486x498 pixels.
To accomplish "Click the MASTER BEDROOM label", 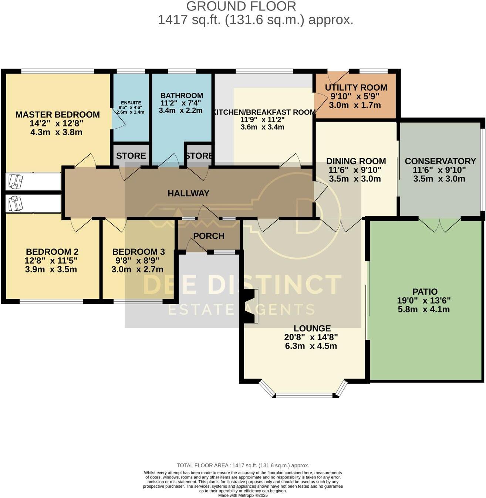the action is (58, 115).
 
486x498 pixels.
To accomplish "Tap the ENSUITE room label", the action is (131, 103).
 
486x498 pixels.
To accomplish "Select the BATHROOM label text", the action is (182, 96).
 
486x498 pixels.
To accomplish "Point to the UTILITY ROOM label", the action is (356, 88).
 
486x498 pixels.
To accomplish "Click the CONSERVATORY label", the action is (441, 161).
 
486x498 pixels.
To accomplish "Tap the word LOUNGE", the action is (312, 328).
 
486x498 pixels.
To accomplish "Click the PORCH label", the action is (209, 236).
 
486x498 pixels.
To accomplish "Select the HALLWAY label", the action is (189, 193).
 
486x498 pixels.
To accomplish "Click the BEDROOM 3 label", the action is (139, 252).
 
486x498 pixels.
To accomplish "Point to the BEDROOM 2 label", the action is (52, 252).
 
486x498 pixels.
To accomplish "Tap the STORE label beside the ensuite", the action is (131, 156).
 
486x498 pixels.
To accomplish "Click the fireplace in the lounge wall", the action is (250, 306).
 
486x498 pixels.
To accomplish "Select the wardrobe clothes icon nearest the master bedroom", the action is (16, 181).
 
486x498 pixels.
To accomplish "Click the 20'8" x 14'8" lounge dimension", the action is (311, 337).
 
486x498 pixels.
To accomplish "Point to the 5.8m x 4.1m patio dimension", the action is (424, 309).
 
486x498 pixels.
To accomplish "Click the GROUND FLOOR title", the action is (241, 6).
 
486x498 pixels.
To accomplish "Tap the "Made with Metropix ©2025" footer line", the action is (243, 495).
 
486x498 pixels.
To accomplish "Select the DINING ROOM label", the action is (356, 161).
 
